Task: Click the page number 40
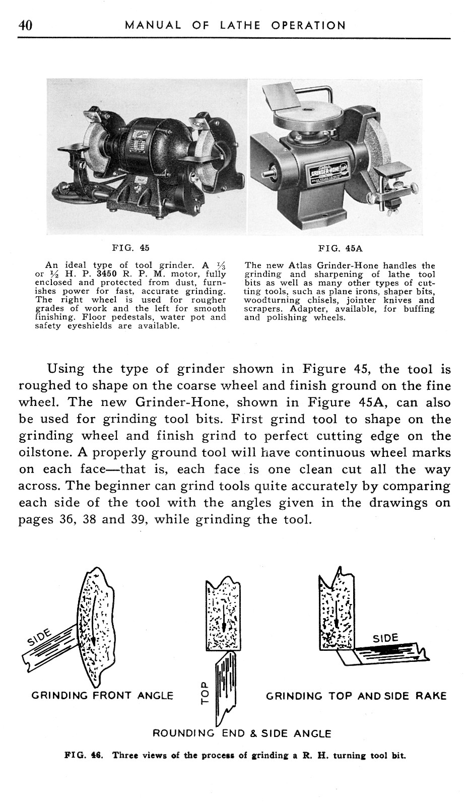click(x=25, y=25)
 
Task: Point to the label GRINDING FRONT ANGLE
click(x=102, y=696)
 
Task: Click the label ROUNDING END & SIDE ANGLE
click(x=242, y=733)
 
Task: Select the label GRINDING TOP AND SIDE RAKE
click(x=356, y=696)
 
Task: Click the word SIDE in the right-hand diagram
click(x=385, y=639)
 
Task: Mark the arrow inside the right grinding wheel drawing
click(x=336, y=610)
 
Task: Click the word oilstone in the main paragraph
click(x=42, y=452)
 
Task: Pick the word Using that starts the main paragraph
click(x=65, y=369)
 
